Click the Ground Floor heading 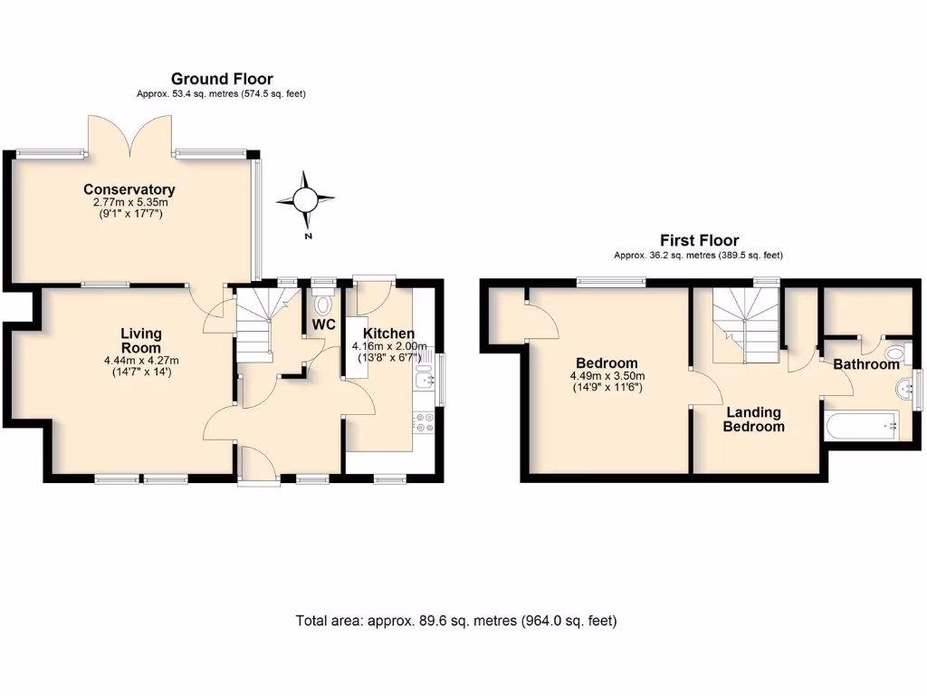click(x=222, y=79)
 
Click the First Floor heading click(x=698, y=240)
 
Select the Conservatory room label click(x=129, y=189)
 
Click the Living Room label click(x=141, y=341)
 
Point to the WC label click(x=324, y=324)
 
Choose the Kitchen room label click(x=389, y=333)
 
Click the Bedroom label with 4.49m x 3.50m click(x=607, y=363)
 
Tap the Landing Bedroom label click(x=753, y=419)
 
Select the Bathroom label click(x=866, y=364)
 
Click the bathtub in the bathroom click(x=861, y=425)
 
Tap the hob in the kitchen click(x=424, y=422)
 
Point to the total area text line click(x=456, y=621)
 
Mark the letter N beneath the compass click(x=308, y=237)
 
